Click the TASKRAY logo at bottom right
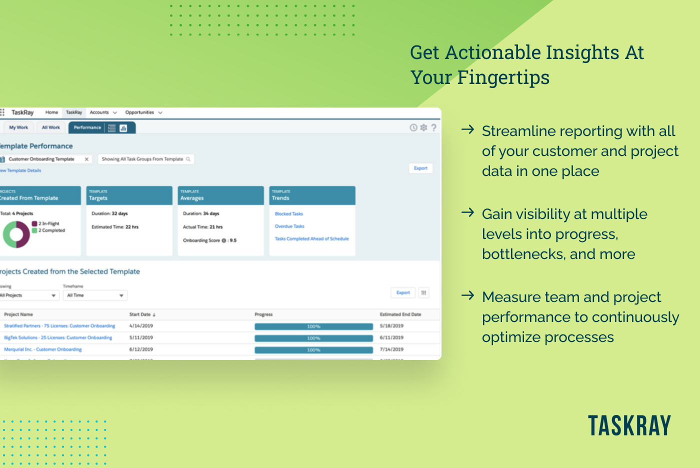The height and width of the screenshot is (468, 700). (629, 426)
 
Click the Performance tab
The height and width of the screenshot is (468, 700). (87, 127)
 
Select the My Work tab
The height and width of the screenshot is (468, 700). (18, 127)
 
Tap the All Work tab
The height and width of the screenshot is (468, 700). (50, 127)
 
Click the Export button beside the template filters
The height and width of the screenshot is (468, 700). (420, 168)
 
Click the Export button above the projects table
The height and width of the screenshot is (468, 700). (403, 293)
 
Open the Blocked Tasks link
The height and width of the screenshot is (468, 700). (289, 214)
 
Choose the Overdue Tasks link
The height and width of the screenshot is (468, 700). (289, 226)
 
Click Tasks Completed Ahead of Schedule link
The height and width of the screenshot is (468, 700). (311, 239)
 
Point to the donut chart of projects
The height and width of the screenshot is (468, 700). (16, 234)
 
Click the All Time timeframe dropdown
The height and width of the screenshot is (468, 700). (95, 295)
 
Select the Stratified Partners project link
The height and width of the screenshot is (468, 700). (59, 326)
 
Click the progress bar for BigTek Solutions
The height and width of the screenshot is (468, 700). (313, 338)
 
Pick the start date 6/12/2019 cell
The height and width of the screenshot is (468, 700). (141, 349)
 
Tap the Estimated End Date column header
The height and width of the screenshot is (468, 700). (400, 314)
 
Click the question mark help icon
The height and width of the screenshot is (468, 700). (433, 127)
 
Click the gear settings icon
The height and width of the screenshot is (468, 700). (423, 127)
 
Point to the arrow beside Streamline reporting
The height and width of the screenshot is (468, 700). (467, 130)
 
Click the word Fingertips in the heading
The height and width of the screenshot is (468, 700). (503, 78)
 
